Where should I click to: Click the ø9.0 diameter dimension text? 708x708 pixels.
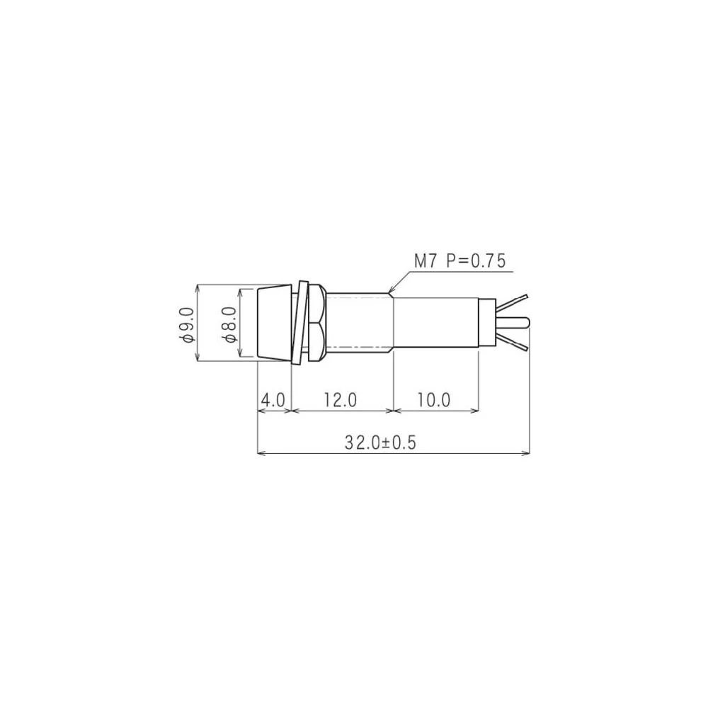click(188, 324)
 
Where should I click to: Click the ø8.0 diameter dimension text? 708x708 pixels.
click(229, 324)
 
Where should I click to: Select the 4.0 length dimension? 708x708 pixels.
click(273, 400)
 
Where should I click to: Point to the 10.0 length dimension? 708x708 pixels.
click(433, 400)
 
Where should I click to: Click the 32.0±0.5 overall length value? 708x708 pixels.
click(381, 442)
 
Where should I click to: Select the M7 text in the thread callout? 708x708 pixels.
click(427, 261)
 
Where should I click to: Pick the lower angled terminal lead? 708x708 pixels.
click(514, 344)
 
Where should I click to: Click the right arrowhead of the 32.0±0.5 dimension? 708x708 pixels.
click(527, 452)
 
